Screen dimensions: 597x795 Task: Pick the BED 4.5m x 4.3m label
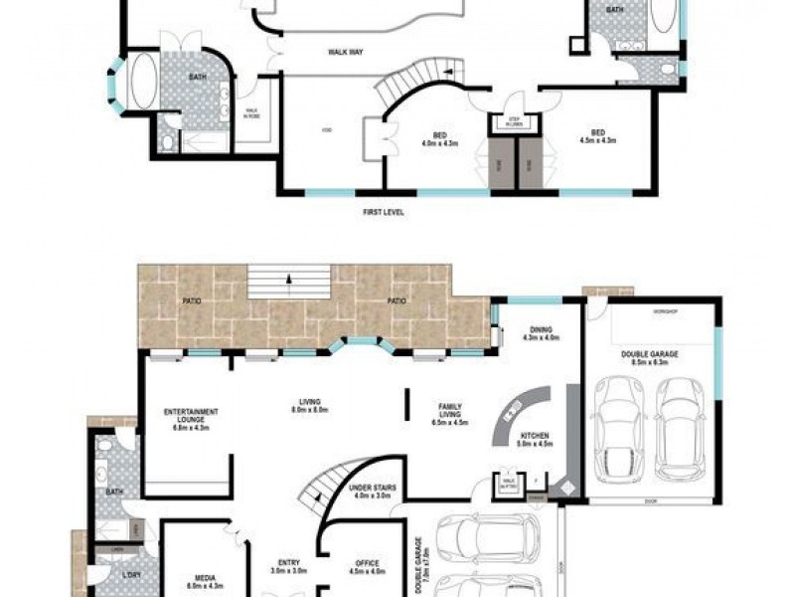coord(597,136)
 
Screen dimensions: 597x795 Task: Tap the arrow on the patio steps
coord(288,279)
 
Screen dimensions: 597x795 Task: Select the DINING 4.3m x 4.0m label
coord(542,334)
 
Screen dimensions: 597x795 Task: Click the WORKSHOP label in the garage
coord(664,312)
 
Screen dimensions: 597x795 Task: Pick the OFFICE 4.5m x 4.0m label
coord(366,568)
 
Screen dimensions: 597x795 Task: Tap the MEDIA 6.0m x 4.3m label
coord(206,580)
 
